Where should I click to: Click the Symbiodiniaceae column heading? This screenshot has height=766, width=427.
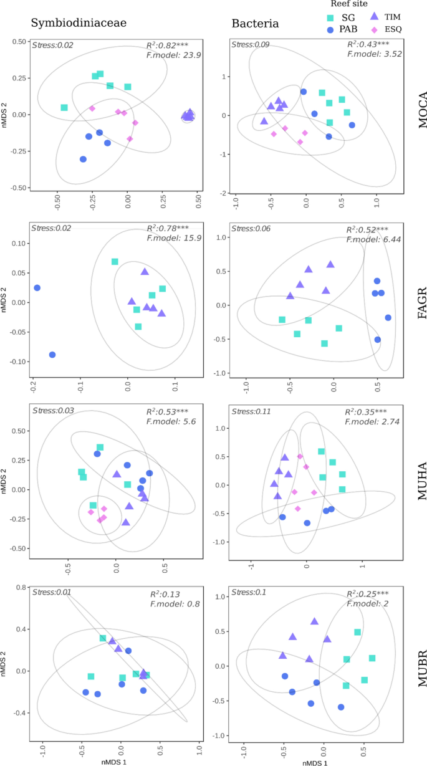pyautogui.click(x=79, y=24)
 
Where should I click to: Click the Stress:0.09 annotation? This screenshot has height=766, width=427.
pyautogui.click(x=251, y=44)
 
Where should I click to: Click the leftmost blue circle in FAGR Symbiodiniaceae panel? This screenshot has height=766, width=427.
pyautogui.click(x=37, y=288)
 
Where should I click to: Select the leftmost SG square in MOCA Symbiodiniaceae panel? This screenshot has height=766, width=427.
pyautogui.click(x=64, y=107)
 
